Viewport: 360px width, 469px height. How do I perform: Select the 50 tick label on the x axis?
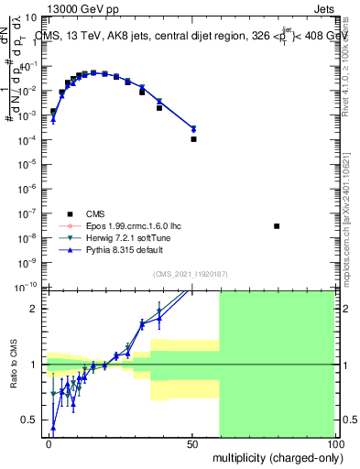point(191,443)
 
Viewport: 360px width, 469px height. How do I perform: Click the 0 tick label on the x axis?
point(49,443)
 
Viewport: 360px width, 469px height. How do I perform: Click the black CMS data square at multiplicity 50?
point(193,139)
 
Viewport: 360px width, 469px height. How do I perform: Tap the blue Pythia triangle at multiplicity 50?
point(193,128)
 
